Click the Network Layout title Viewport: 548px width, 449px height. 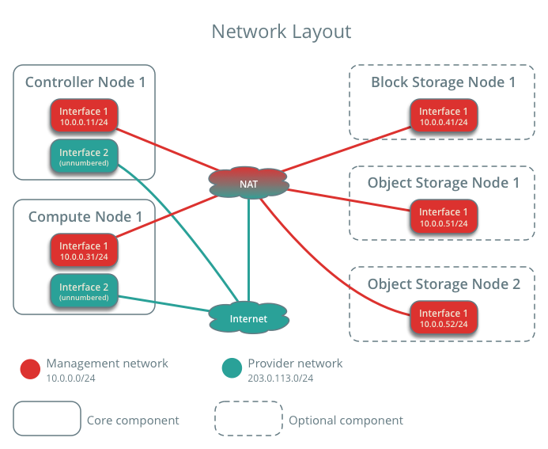pyautogui.click(x=281, y=32)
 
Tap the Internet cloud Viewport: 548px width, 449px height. pyautogui.click(x=248, y=318)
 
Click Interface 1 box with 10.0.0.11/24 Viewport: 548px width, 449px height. pyautogui.click(x=84, y=116)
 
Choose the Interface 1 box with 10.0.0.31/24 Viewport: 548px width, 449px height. pyautogui.click(x=84, y=250)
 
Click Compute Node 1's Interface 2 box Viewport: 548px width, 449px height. pyautogui.click(x=84, y=291)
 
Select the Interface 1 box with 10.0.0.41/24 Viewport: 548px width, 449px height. pyautogui.click(x=444, y=116)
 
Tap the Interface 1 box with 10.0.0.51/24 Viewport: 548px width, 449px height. pyautogui.click(x=444, y=217)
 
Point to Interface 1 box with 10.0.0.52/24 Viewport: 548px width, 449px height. pyautogui.click(x=444, y=318)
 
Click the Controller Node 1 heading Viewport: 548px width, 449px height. pyautogui.click(x=85, y=82)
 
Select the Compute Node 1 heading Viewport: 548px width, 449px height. pyautogui.click(x=85, y=216)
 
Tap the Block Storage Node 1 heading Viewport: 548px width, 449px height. pyautogui.click(x=443, y=82)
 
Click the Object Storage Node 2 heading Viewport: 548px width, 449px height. pyautogui.click(x=444, y=284)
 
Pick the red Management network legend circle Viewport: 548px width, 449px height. pyautogui.click(x=30, y=368)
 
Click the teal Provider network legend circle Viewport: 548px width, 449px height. pyautogui.click(x=232, y=368)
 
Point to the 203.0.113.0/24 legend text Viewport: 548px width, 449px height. pyautogui.click(x=281, y=379)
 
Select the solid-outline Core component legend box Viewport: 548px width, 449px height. pyautogui.click(x=47, y=419)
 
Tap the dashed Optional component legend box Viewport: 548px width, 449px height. pyautogui.click(x=248, y=419)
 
